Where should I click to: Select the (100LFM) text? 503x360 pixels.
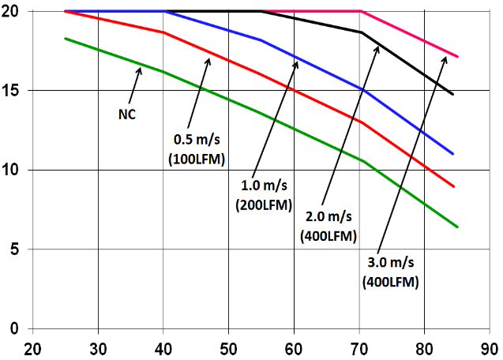point(198,158)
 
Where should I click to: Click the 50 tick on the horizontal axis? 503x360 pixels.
point(228,348)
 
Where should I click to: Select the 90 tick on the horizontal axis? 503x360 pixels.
point(490,348)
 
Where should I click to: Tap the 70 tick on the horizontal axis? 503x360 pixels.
point(359,348)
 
